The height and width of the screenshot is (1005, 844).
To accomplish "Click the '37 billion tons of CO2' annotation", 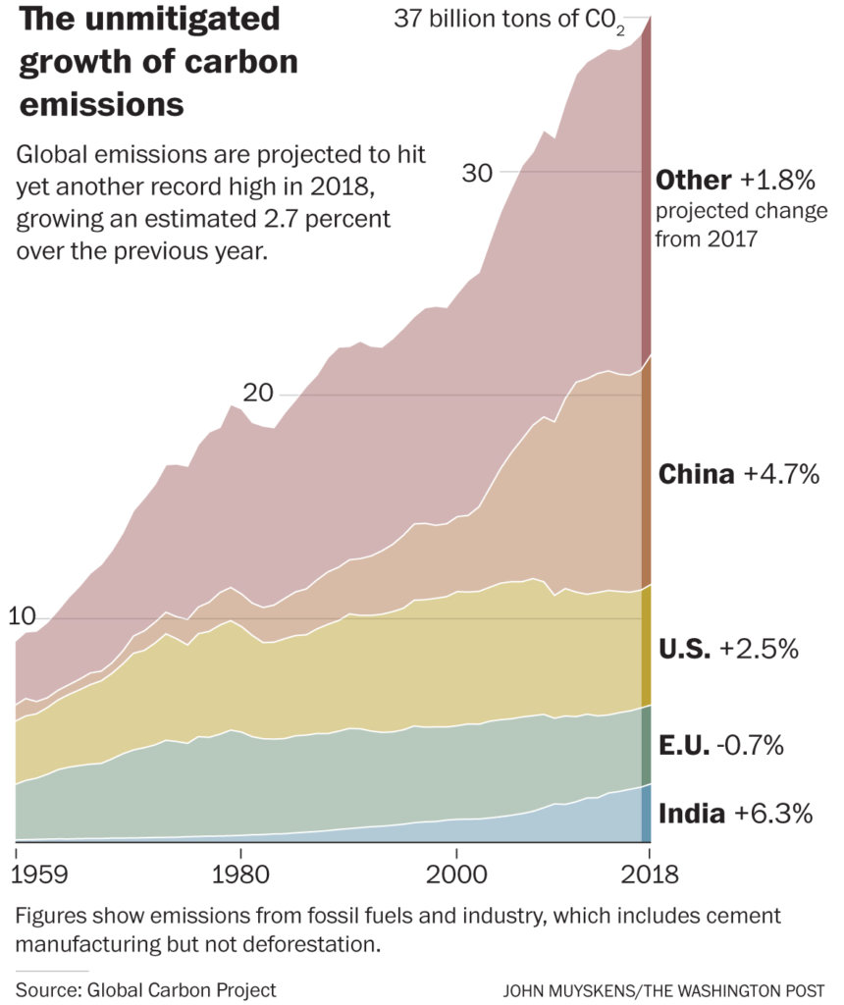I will point(508,20).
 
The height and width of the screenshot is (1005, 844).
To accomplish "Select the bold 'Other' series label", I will point(693,181).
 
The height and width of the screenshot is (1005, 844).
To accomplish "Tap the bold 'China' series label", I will point(696,475).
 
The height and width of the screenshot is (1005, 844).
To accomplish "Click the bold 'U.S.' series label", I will point(684,650).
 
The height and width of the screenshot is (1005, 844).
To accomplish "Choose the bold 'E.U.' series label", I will point(683,746).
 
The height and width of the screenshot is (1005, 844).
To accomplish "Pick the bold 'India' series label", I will point(692,814).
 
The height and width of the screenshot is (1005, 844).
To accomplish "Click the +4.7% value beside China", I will point(780,475).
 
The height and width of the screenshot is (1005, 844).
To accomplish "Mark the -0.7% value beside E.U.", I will point(751,746).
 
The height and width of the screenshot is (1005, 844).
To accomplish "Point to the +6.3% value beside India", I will point(773,814).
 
